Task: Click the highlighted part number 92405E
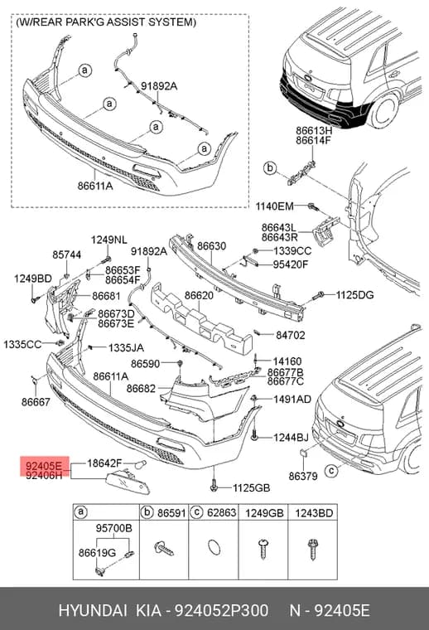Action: pos(44,466)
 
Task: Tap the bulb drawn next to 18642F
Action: pos(141,464)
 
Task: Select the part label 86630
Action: pos(211,246)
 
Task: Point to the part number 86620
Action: pos(199,295)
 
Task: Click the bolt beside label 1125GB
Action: pos(214,487)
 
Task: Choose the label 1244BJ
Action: pos(291,437)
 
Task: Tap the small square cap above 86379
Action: pos(303,453)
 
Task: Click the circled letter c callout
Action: pos(331,470)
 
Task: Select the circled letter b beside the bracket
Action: pos(270,167)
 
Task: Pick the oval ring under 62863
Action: pos(214,547)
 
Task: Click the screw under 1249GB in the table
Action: pos(263,549)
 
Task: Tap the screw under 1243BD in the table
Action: pos(313,550)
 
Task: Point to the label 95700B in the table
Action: pos(114,528)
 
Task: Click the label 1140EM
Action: pos(275,206)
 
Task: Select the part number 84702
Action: pos(290,335)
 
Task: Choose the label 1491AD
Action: pos(292,399)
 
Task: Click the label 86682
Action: pos(141,389)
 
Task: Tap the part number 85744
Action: pos(66,254)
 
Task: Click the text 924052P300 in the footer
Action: pos(221,610)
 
